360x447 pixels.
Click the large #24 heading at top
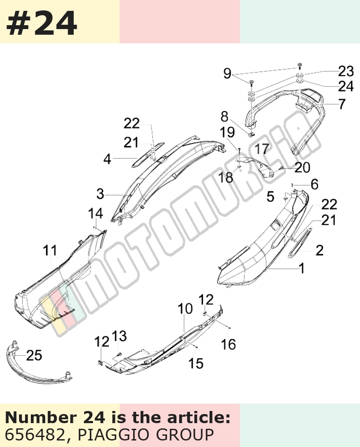pos(42,23)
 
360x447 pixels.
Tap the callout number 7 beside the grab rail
pos(342,104)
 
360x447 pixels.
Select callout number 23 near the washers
pos(346,71)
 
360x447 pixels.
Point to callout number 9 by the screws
pos(227,73)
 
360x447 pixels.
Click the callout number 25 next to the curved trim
pos(34,355)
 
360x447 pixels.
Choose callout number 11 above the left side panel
pos(50,250)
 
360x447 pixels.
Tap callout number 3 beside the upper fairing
pos(100,194)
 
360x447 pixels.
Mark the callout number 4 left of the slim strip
pos(107,159)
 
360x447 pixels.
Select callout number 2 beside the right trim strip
pos(320,250)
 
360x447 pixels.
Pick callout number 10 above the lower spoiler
pos(185,309)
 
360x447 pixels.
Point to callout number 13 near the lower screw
pos(119,336)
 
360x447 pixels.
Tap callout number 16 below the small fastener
pos(229,345)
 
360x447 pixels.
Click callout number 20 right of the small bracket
pos(302,168)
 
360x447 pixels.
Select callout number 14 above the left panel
pos(95,214)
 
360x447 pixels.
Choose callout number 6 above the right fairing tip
pos(314,184)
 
